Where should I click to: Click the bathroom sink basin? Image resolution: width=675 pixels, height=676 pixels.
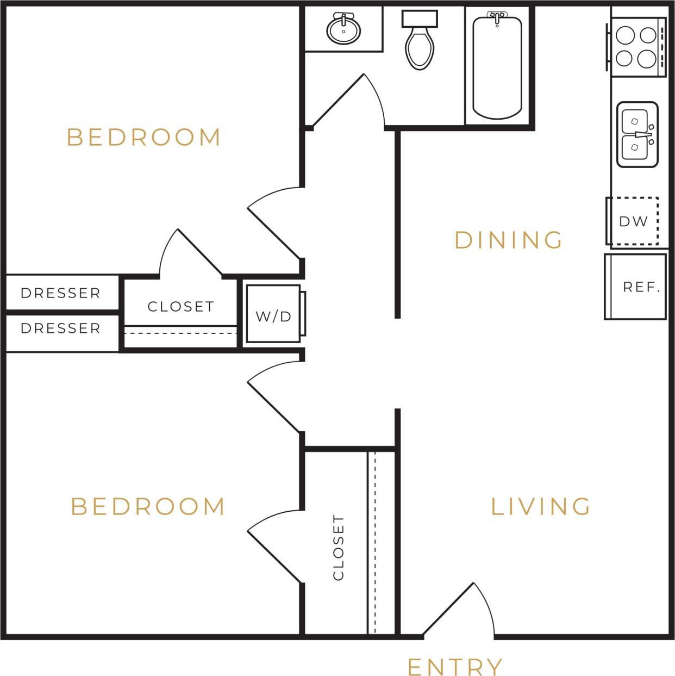point(343,30)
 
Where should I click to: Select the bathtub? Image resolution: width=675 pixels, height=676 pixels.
point(497,68)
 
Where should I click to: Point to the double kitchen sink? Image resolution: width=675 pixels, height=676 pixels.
point(636,134)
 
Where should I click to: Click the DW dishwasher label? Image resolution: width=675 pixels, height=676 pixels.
point(633,221)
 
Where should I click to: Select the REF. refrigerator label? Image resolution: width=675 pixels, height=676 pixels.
point(641,287)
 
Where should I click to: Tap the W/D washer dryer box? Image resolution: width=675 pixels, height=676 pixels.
point(273,315)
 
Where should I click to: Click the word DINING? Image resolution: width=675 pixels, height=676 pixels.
point(508,240)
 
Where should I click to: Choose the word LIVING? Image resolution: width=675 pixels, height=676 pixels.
point(541,506)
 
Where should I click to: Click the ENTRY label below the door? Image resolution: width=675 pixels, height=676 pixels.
point(455,666)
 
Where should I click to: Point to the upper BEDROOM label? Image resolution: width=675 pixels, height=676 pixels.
point(144,137)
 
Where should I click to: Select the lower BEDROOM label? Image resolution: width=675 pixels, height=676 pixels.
point(148,506)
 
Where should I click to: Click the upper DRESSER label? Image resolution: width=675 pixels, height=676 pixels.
point(60,293)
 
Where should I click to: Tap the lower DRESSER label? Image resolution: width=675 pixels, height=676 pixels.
point(60,328)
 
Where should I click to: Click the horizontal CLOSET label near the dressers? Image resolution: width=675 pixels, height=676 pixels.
point(180,307)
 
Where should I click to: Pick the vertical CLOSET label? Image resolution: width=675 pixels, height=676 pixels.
point(338,548)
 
